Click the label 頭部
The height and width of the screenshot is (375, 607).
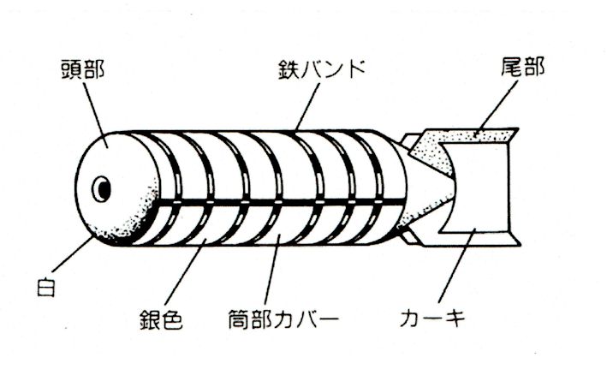click(83, 69)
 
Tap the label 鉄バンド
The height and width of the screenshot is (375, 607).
click(322, 69)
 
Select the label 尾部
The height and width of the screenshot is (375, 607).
click(522, 67)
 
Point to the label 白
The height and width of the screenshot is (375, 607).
click(46, 286)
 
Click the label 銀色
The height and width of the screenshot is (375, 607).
click(161, 319)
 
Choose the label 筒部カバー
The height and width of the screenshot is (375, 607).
click(283, 319)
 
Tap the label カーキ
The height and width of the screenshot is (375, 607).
click(432, 318)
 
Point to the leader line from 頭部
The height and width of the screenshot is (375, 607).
click(96, 115)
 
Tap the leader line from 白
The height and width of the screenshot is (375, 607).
click(73, 254)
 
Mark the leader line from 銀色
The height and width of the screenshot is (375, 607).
click(185, 272)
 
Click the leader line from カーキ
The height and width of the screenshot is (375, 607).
click(456, 265)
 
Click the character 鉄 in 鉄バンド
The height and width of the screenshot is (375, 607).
click(289, 69)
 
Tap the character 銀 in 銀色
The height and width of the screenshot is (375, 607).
click(150, 319)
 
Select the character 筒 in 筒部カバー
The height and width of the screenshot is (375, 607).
click(239, 319)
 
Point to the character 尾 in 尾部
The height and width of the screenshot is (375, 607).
click(511, 67)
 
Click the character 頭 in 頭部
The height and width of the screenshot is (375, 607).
click(72, 69)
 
